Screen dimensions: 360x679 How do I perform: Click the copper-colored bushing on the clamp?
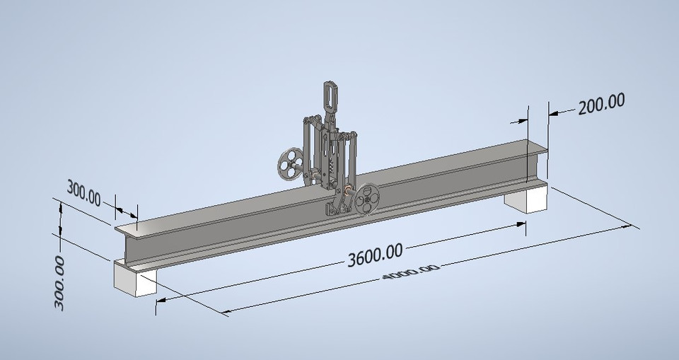(x=349, y=190)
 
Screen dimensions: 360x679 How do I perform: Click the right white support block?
(x=526, y=197)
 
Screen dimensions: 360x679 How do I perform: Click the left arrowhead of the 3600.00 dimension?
(x=160, y=300)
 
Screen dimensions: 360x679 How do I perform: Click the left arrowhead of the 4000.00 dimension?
(x=226, y=311)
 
